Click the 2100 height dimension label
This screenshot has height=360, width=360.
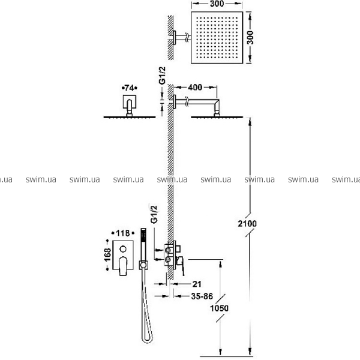[247, 223]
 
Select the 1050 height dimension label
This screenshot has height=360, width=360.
[219, 308]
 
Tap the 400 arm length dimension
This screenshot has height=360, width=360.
[195, 87]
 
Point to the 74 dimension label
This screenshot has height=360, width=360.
[129, 88]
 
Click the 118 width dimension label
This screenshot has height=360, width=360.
[123, 233]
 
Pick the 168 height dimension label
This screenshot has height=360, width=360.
[107, 254]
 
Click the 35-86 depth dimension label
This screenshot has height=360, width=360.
[202, 296]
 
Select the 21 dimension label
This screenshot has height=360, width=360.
[197, 284]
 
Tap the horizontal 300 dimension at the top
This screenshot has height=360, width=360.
[217, 4]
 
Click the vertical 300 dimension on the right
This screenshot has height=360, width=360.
[250, 37]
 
